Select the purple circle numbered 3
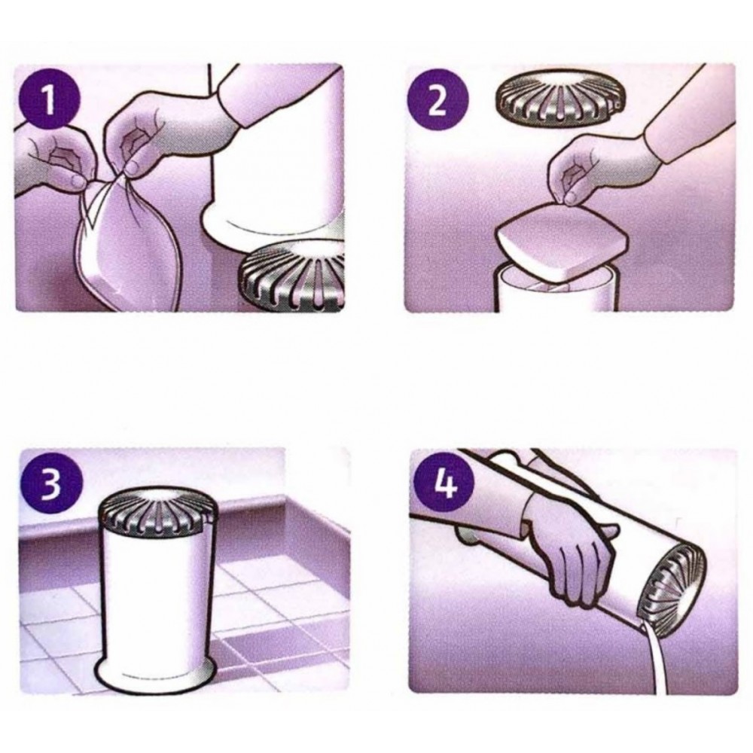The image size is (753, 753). pos(51,483)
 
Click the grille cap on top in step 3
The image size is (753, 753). pos(158,511)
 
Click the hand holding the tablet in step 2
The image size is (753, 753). pos(600,168)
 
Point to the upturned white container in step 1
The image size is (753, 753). pos(275,158)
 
